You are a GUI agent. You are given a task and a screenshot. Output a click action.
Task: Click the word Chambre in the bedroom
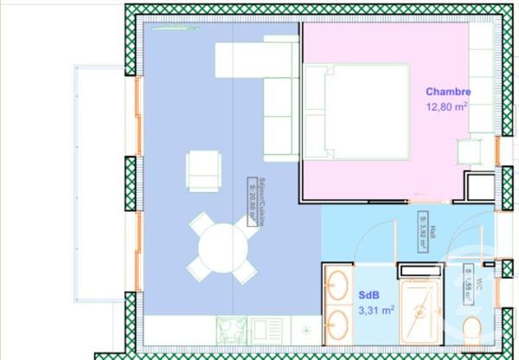tap(447, 92)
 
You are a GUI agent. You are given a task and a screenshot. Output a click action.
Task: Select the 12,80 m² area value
tap(447, 107)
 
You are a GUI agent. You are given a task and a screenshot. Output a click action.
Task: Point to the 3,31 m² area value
tap(376, 309)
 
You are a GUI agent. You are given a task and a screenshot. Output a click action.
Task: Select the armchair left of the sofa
tap(203, 170)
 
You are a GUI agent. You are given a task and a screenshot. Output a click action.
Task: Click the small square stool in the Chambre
tap(472, 152)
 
